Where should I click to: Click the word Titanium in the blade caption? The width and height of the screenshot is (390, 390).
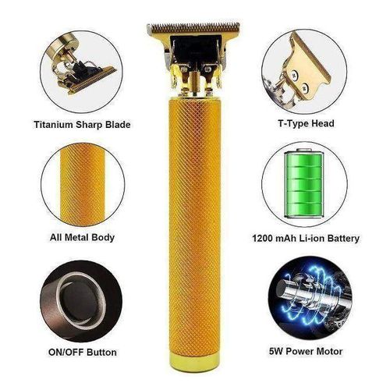54,125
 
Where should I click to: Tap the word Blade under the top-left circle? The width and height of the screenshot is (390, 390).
118,125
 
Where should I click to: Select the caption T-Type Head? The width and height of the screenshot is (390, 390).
306,123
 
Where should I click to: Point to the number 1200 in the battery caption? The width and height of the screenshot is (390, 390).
264,239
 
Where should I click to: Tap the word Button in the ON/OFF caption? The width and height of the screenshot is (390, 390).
101,353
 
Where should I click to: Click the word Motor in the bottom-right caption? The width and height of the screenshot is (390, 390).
328,352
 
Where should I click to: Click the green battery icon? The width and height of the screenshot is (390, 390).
304,183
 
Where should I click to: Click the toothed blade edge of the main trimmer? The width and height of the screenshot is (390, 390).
193,27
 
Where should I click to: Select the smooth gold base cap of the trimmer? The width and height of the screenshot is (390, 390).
193,361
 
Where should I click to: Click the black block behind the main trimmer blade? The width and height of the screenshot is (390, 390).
194,49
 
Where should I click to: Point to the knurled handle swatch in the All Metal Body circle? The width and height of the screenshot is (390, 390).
83,185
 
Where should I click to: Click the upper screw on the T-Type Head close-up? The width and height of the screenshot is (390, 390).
295,75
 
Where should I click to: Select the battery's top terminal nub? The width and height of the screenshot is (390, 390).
304,150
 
